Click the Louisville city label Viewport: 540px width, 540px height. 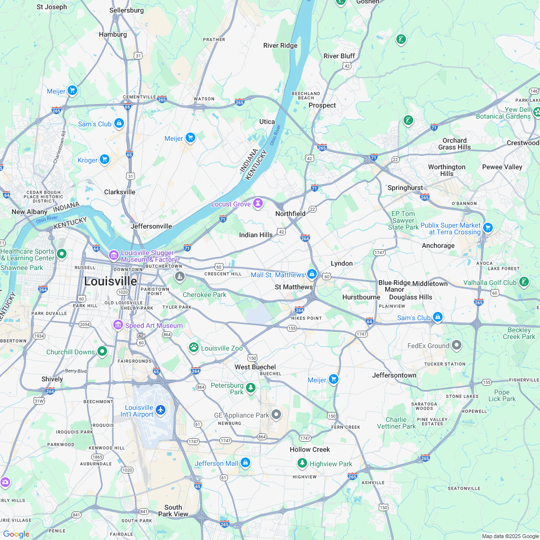click(110, 281)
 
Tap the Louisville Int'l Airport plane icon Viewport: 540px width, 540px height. click(161, 410)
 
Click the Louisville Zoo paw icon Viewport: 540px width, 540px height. click(194, 347)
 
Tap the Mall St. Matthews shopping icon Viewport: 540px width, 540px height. click(312, 274)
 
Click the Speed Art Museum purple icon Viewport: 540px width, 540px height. click(118, 325)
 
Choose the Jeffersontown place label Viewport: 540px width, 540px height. click(394, 375)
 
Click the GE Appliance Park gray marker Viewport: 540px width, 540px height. click(276, 414)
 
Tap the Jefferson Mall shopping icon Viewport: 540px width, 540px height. click(245, 463)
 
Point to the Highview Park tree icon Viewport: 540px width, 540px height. click(302, 463)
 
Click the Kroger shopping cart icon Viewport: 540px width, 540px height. click(105, 160)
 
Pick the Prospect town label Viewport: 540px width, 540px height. click(322, 105)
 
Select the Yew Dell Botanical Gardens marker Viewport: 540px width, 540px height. click(537, 112)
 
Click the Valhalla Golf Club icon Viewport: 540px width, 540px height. click(524, 282)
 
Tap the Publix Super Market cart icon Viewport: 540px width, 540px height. click(488, 227)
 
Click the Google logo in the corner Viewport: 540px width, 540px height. click(16, 534)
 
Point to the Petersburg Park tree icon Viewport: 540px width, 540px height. click(251, 388)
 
